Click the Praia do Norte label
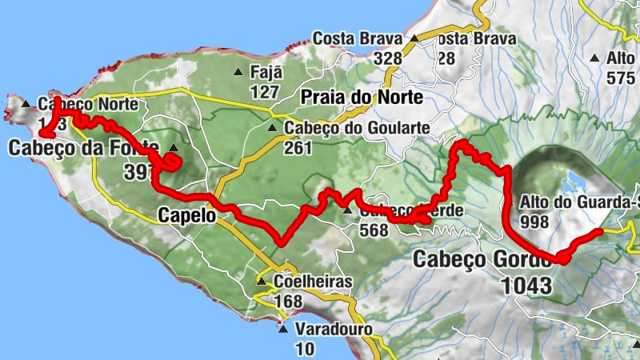[362, 98]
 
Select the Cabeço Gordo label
[483, 260]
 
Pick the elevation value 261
[298, 148]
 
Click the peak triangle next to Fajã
[238, 73]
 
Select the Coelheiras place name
[313, 282]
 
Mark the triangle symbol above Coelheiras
[261, 282]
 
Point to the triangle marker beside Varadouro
[282, 328]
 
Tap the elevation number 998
[534, 221]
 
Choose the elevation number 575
[620, 78]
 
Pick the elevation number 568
[374, 230]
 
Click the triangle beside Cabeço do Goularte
[273, 128]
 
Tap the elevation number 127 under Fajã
[264, 92]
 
